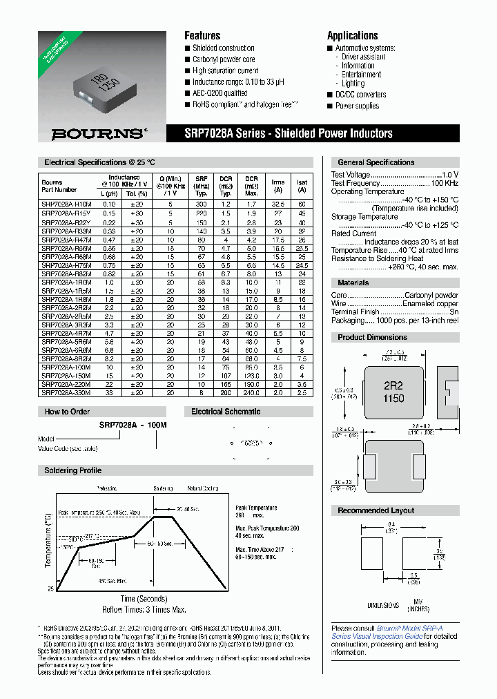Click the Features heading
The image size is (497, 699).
pyautogui.click(x=202, y=35)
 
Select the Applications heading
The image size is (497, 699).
pyautogui.click(x=352, y=35)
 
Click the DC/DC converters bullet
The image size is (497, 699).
pyautogui.click(x=360, y=95)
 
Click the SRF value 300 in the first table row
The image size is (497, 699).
pyautogui.click(x=201, y=205)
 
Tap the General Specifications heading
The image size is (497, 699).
pyautogui.click(x=376, y=162)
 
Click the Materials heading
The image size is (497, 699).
pyautogui.click(x=353, y=283)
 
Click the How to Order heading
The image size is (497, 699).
pyautogui.click(x=67, y=412)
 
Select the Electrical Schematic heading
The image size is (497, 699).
pyautogui.click(x=226, y=412)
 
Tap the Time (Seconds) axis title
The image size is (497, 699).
pyautogui.click(x=144, y=598)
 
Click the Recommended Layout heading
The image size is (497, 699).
pyautogui.click(x=376, y=510)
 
